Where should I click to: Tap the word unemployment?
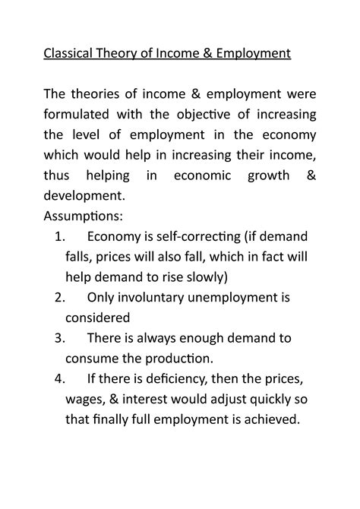pos(238,297)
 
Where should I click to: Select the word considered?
pos(99,317)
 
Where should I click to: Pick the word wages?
pos(88,400)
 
